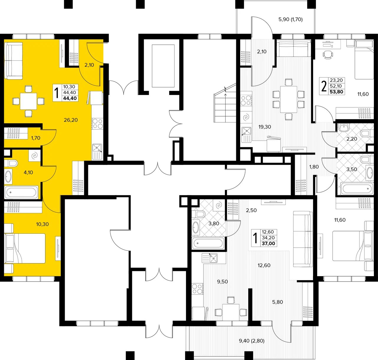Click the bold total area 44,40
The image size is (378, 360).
[70, 98]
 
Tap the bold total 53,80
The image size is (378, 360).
[336, 92]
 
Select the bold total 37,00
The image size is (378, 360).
[268, 243]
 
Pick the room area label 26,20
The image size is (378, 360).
[71, 120]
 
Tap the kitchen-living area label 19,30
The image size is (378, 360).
[265, 127]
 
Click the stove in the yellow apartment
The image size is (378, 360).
[97, 123]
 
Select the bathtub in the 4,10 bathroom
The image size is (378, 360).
[21, 192]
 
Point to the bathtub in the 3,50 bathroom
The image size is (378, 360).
[357, 189]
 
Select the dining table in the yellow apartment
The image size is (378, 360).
[28, 101]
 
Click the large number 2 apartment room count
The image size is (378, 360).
[324, 86]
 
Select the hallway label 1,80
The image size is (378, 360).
[314, 167]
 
